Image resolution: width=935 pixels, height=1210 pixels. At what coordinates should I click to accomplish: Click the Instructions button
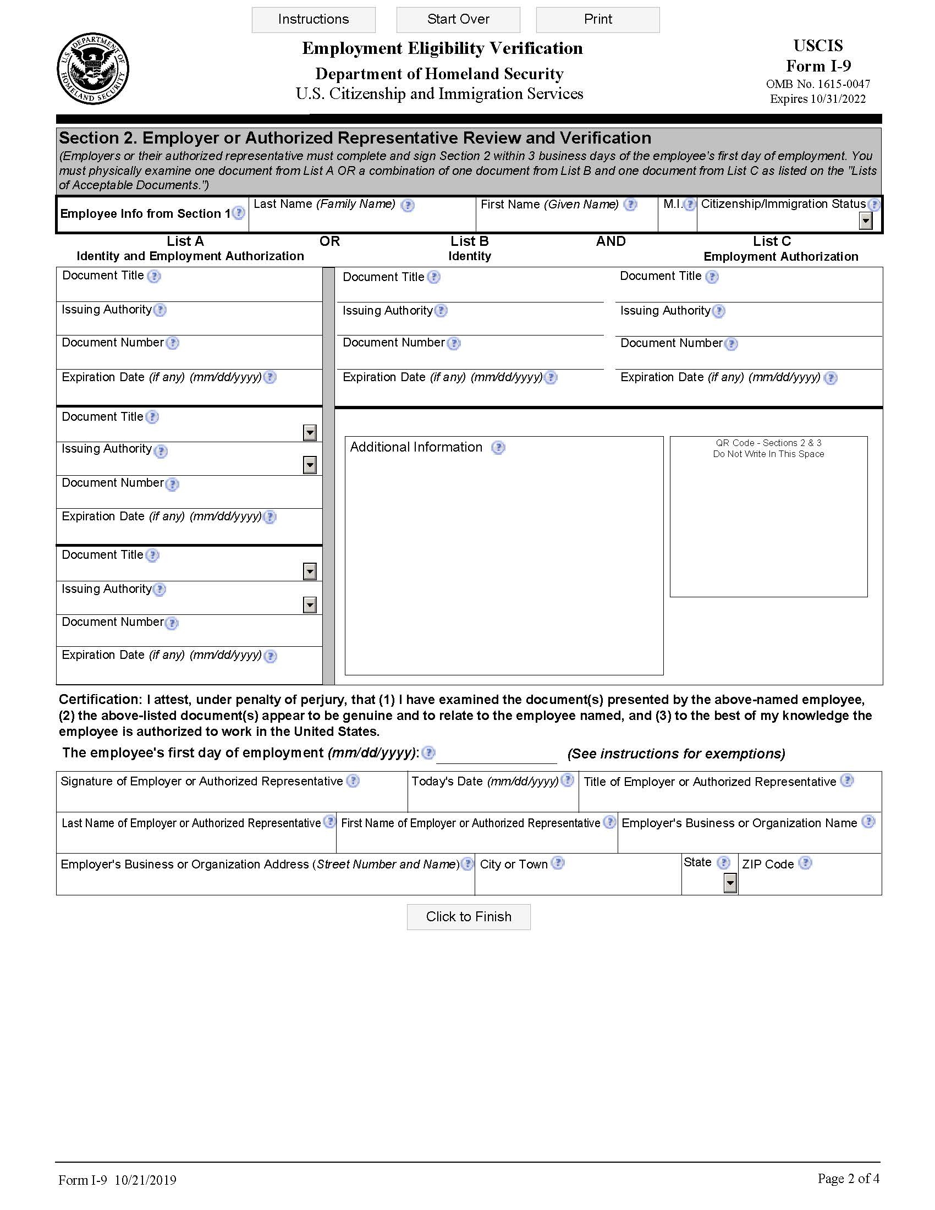pos(313,19)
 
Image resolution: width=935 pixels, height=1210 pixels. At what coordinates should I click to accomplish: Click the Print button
pos(598,19)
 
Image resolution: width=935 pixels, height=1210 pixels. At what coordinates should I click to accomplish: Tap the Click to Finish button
pos(468,916)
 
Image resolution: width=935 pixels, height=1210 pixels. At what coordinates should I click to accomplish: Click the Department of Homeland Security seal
pos(92,69)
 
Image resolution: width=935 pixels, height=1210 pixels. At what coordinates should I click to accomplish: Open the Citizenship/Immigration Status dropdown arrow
pos(865,221)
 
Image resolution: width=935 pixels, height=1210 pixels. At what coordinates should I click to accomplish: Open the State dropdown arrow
pos(730,883)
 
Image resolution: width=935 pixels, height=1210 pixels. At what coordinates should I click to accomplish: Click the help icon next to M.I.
pos(689,205)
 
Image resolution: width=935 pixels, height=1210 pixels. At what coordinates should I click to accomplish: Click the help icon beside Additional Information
pos(498,448)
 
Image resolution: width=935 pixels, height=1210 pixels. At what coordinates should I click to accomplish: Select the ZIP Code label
pos(768,864)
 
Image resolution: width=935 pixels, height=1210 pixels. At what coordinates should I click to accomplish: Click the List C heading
pos(772,241)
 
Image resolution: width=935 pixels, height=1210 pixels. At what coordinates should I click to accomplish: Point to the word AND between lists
pos(610,241)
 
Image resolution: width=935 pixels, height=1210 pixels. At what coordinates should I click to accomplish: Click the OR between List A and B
pos(329,241)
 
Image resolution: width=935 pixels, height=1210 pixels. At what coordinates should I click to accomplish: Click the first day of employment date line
pos(496,756)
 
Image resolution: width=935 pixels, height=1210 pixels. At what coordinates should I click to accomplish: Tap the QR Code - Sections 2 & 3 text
pos(768,443)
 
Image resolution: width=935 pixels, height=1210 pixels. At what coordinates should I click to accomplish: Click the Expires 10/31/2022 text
pos(817,98)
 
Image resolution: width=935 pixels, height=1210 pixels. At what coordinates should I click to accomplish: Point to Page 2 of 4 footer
pos(848,1178)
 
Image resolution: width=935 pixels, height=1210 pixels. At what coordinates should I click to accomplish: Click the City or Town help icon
pos(558,863)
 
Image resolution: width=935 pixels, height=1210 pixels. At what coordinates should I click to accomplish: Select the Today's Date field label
pos(485,781)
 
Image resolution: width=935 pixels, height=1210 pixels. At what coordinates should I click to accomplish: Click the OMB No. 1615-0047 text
pos(817,84)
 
